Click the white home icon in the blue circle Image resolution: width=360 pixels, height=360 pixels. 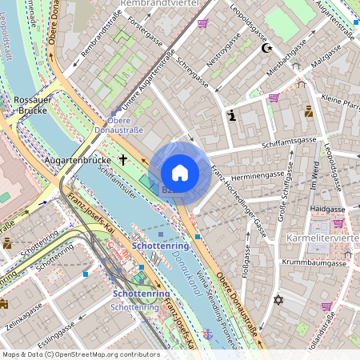180,173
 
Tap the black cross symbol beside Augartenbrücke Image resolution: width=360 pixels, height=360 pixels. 123,159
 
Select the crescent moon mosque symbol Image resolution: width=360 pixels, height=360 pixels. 267,48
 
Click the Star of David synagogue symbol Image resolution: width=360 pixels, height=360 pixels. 278,300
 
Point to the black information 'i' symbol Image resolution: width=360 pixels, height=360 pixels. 232,115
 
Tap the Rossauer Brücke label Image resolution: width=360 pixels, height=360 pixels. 32,106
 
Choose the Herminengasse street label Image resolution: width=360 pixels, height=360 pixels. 257,174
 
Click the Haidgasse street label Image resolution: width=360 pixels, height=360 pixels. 327,208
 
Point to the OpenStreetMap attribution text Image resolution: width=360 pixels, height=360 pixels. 80,354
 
